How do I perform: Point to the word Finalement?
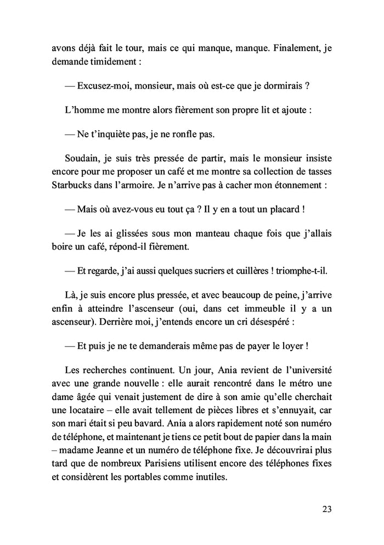292,48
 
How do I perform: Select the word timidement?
112,62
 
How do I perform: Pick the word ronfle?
182,134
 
